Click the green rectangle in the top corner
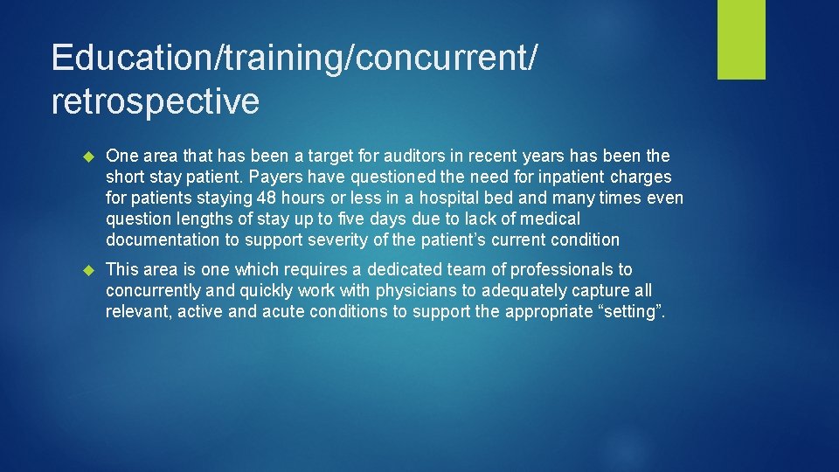pyautogui.click(x=741, y=39)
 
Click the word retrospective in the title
pyautogui.click(x=156, y=102)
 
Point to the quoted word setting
pyautogui.click(x=631, y=312)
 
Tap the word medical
pyautogui.click(x=551, y=219)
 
